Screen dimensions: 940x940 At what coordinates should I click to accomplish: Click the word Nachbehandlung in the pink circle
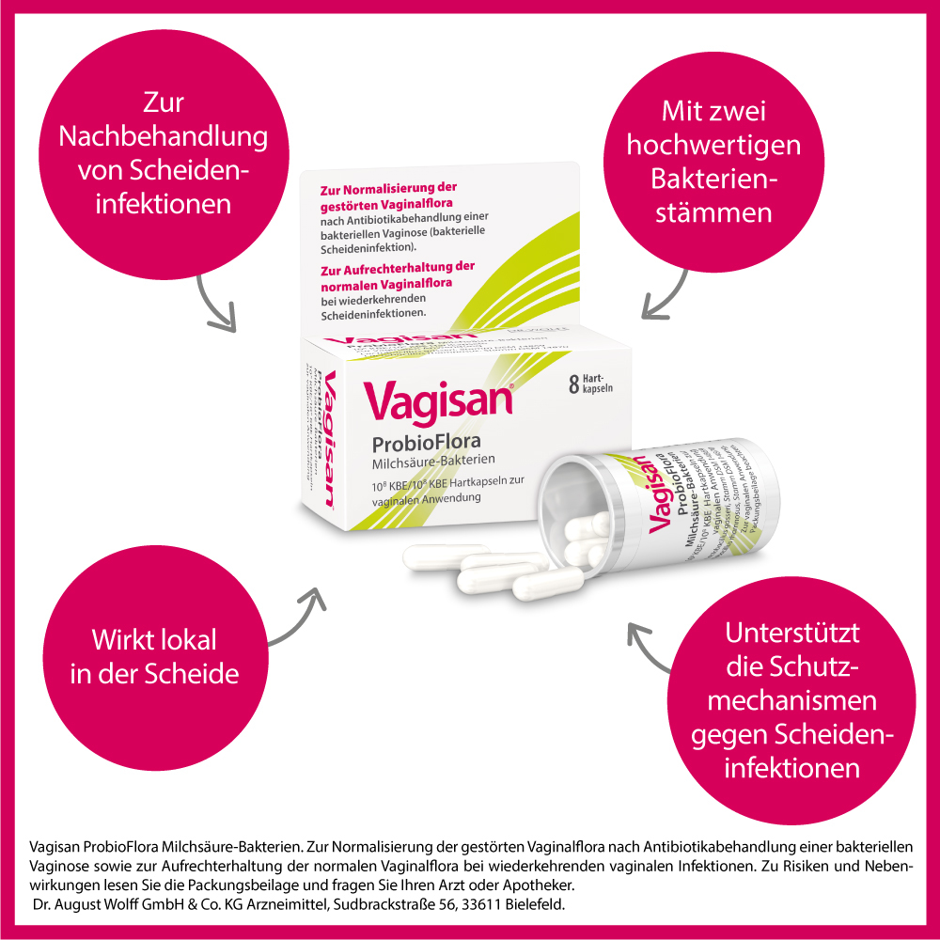(164, 137)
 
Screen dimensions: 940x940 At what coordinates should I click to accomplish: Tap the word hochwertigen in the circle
(714, 146)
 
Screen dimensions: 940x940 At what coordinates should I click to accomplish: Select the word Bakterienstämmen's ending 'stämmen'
(714, 212)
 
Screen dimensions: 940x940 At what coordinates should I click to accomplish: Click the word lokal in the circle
(182, 641)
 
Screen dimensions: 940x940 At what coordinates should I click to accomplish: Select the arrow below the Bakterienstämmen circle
(664, 295)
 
